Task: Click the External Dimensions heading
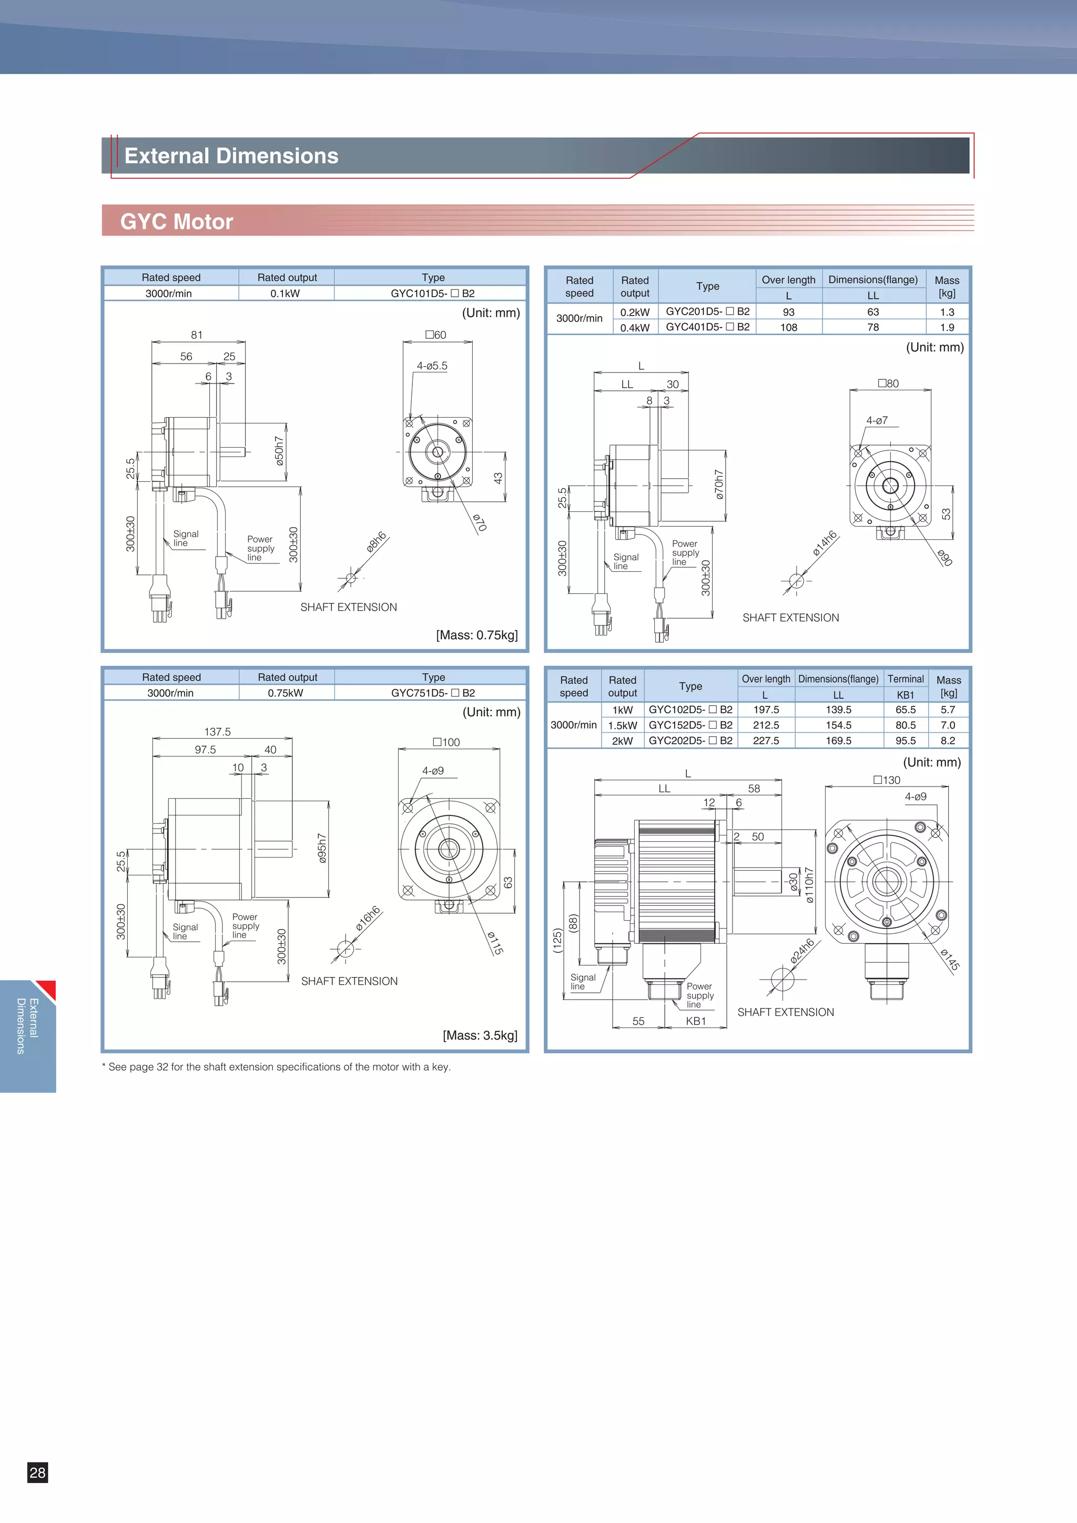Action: click(231, 156)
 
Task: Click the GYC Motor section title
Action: click(176, 221)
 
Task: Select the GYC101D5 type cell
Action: click(432, 293)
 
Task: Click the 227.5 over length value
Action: click(766, 741)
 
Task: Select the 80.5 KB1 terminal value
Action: click(905, 725)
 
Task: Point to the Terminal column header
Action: click(905, 679)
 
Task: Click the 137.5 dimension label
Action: click(218, 732)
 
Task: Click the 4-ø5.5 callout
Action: click(432, 366)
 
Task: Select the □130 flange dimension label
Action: click(887, 780)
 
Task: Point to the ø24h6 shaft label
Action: click(802, 951)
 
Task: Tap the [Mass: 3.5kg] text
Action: click(480, 1035)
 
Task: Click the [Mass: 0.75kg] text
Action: click(477, 635)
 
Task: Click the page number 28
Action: click(38, 1472)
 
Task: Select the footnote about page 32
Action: click(276, 1067)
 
